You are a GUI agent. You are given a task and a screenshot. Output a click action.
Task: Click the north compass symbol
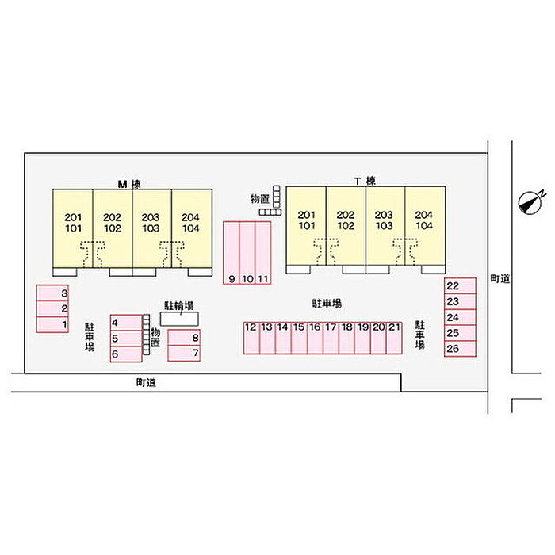530,202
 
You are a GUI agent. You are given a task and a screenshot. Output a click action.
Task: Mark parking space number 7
184,351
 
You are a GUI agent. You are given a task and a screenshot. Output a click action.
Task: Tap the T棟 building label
365,182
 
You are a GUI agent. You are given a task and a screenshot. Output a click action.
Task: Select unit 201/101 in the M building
73,223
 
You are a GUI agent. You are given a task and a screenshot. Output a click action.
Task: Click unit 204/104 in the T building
424,220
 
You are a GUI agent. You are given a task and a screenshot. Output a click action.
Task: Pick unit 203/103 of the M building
151,223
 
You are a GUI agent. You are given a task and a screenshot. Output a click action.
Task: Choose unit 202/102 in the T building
345,220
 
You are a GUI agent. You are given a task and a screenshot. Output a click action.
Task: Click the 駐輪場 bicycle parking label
179,305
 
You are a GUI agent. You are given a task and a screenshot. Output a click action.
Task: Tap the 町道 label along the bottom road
145,382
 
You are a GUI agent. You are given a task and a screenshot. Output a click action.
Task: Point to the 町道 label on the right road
499,278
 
